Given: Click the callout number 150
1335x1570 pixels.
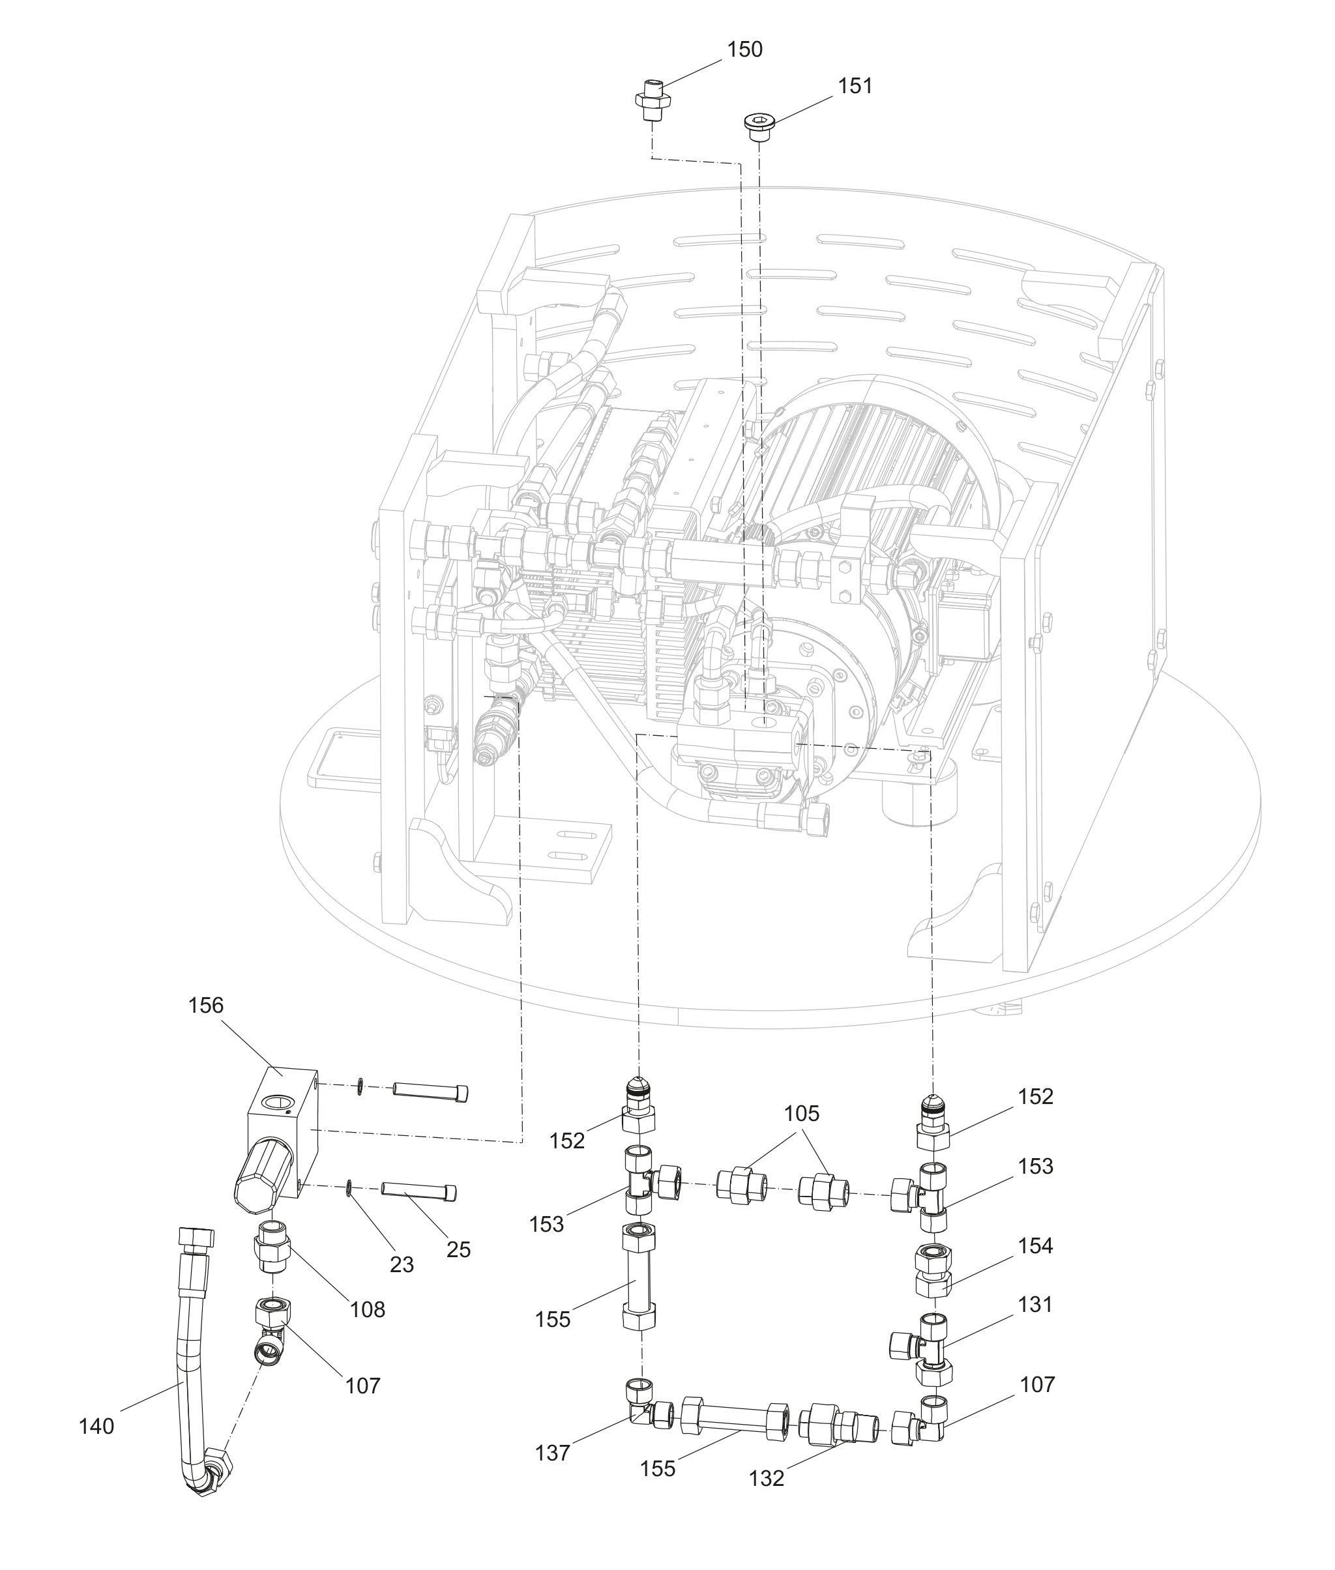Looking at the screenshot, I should pos(744,50).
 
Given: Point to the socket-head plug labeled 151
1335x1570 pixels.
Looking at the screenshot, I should pos(757,126).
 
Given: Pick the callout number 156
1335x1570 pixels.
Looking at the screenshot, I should pos(206,1006).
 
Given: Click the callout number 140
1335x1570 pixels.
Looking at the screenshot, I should pos(96,1426).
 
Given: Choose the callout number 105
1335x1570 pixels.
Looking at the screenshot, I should pos(801,1114).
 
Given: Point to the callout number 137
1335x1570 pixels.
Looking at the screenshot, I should pos(553,1453).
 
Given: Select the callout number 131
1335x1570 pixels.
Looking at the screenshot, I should pos(1035,1305).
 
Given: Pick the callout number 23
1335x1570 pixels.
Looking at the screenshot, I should pos(402,1264).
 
